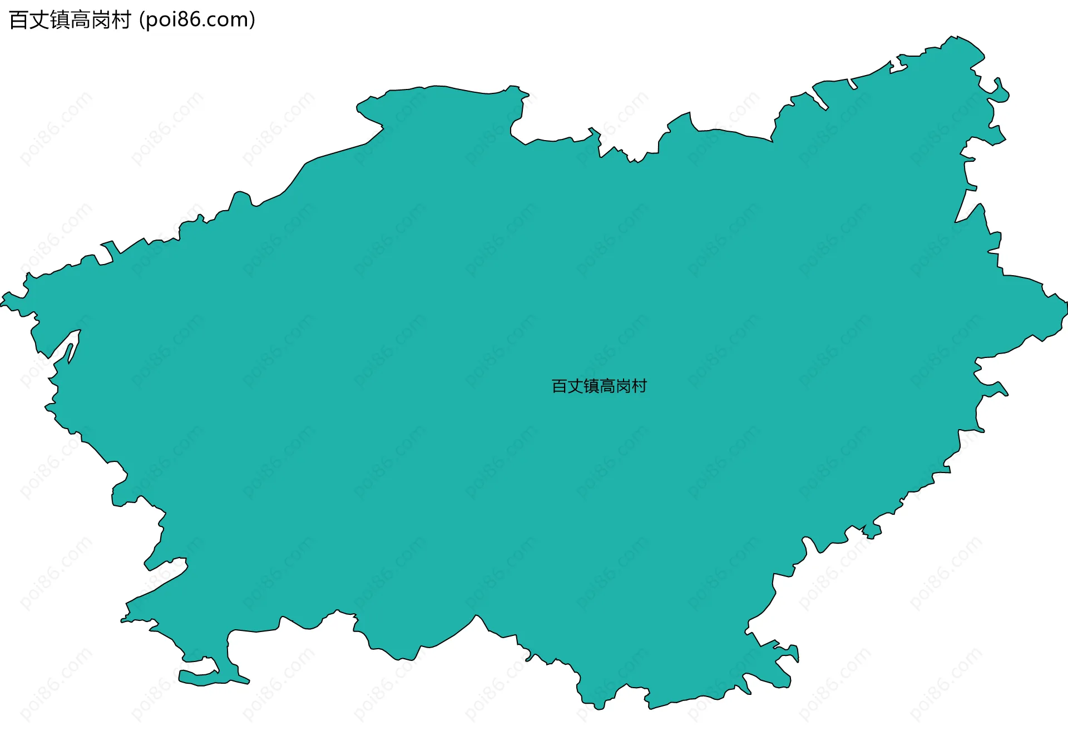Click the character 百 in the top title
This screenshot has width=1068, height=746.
(x=19, y=20)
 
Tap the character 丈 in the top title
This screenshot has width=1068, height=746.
(x=39, y=20)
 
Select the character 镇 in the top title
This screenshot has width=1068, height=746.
(x=60, y=20)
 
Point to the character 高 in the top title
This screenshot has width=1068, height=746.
(x=81, y=20)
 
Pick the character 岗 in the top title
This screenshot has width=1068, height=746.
(x=101, y=20)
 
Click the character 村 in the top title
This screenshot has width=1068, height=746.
(x=121, y=20)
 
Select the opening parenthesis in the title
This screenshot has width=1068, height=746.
(x=141, y=20)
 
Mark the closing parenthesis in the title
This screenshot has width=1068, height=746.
(x=253, y=20)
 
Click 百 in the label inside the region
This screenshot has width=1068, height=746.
(x=560, y=386)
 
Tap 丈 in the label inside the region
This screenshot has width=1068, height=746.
(x=576, y=386)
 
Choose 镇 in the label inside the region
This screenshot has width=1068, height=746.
(x=592, y=386)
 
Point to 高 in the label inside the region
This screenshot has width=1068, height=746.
(x=607, y=386)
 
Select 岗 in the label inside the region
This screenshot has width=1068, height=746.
(x=624, y=386)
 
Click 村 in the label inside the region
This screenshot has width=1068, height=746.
(x=640, y=386)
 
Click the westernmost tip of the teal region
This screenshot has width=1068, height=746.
(x=2, y=304)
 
